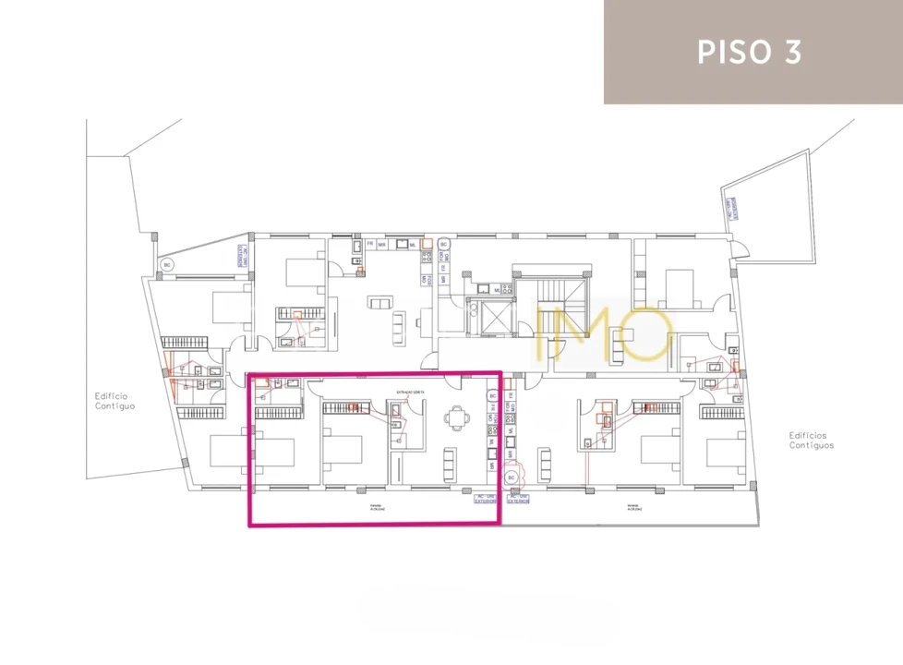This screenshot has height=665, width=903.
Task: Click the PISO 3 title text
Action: (749, 52)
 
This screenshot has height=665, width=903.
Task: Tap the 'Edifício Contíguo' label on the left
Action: (115, 401)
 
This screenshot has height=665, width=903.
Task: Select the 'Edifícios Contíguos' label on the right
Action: (811, 440)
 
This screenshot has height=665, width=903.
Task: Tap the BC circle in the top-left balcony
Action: (167, 265)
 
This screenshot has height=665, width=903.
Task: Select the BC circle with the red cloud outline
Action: (512, 478)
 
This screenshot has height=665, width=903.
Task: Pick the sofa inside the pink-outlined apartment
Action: (450, 459)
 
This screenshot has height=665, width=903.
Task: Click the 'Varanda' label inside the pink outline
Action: (376, 507)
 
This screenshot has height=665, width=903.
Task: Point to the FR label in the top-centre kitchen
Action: (370, 244)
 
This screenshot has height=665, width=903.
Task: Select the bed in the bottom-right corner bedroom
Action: (726, 453)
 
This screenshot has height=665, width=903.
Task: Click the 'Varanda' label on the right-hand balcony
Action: (632, 507)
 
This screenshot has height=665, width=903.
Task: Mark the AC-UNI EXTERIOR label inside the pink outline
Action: (485, 499)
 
